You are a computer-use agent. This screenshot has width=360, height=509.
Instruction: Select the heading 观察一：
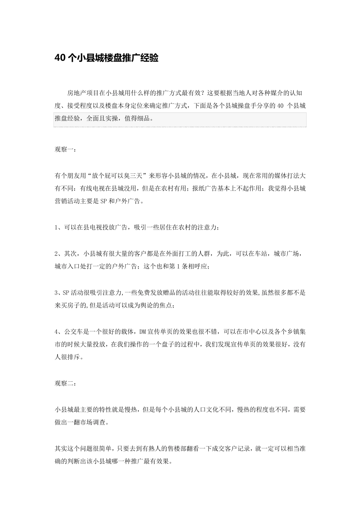click(x=66, y=150)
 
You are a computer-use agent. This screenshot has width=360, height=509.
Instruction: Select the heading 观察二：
click(x=66, y=384)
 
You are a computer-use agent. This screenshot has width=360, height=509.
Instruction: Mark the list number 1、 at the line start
click(x=58, y=227)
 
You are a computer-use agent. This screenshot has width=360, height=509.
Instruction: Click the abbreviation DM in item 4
click(x=142, y=331)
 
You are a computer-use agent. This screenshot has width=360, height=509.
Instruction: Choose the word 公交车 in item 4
click(x=74, y=331)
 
